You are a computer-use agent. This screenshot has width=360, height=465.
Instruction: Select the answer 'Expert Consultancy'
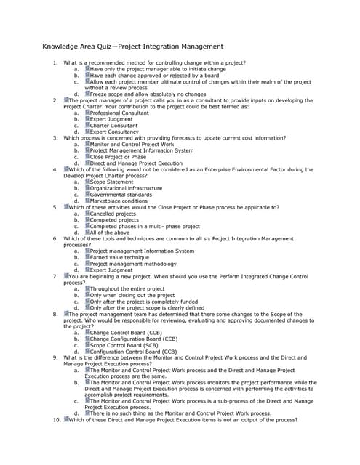(113, 132)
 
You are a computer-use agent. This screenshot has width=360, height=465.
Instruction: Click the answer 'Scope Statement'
(111, 182)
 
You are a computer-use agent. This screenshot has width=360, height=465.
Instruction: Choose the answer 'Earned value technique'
(119, 257)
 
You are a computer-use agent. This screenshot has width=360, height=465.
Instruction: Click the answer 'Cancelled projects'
(113, 214)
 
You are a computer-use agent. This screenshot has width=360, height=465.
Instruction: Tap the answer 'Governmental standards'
(121, 195)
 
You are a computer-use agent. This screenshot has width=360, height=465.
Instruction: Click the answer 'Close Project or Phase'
(118, 157)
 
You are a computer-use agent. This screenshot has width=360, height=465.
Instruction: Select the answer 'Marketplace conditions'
(119, 201)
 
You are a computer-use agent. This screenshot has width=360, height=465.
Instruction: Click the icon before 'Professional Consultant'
(87, 113)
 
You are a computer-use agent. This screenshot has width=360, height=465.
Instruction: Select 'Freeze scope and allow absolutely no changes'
(148, 94)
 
